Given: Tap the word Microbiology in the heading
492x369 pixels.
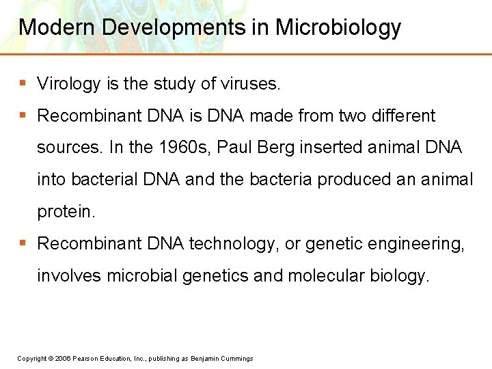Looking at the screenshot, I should pyautogui.click(x=338, y=27).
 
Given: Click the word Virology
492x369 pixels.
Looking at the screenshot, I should pyautogui.click(x=69, y=84).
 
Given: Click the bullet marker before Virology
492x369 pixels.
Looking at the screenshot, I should pyautogui.click(x=23, y=83).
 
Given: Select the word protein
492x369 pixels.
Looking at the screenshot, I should pyautogui.click(x=66, y=212).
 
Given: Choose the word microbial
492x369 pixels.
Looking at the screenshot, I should pyautogui.click(x=141, y=275).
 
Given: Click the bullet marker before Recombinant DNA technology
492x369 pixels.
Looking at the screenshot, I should pyautogui.click(x=23, y=243).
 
